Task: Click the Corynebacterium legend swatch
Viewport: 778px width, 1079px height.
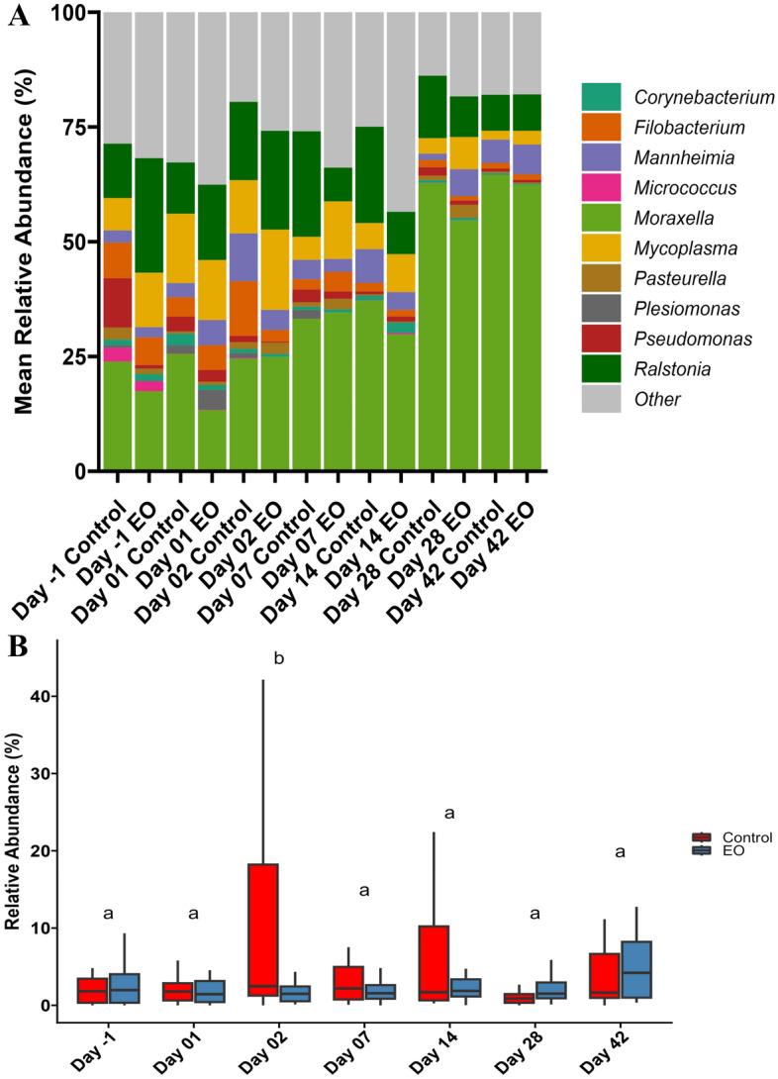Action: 601,97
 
